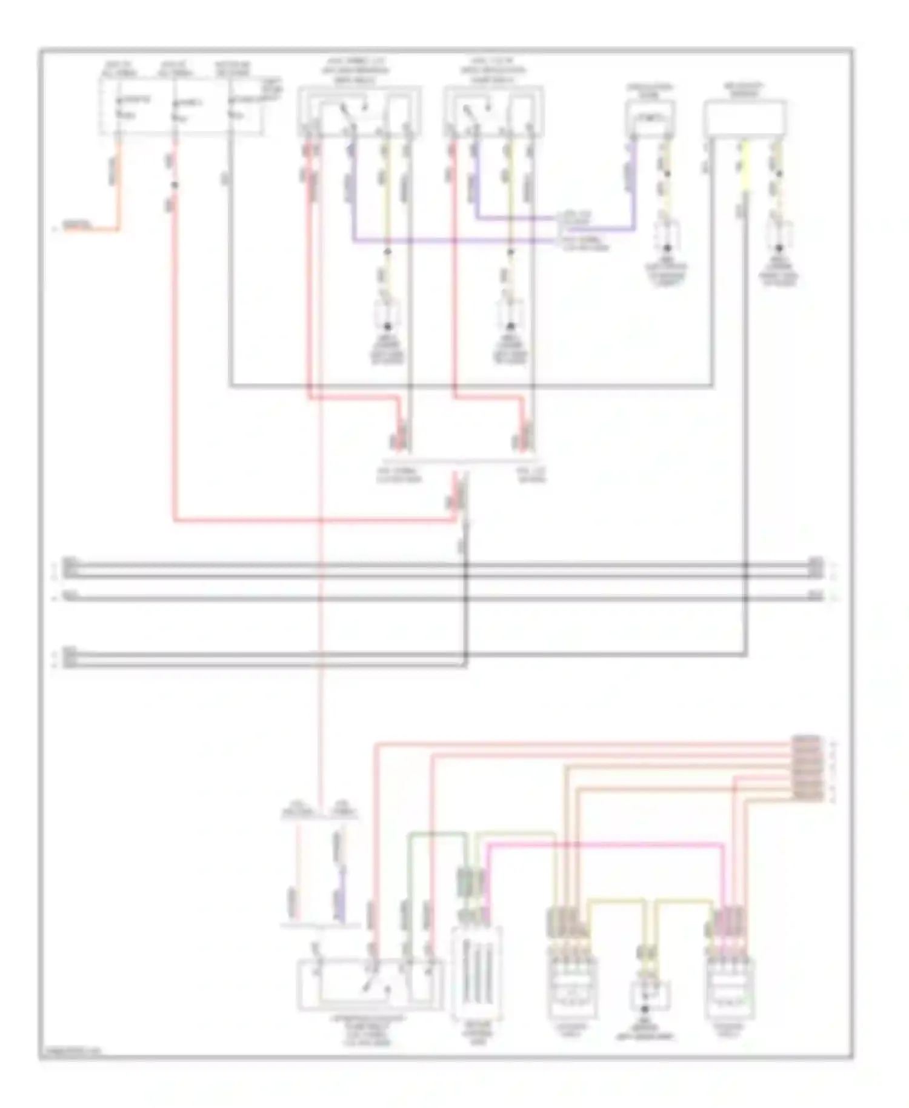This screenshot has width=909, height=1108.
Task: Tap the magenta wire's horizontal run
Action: click(606, 843)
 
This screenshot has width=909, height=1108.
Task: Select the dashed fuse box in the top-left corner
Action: click(182, 106)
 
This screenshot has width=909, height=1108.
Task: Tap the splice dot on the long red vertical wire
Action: click(175, 185)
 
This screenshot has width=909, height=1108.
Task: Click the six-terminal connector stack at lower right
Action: click(807, 769)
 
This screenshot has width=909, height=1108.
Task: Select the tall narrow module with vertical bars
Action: click(476, 972)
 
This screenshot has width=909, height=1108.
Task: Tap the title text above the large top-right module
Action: click(745, 90)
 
